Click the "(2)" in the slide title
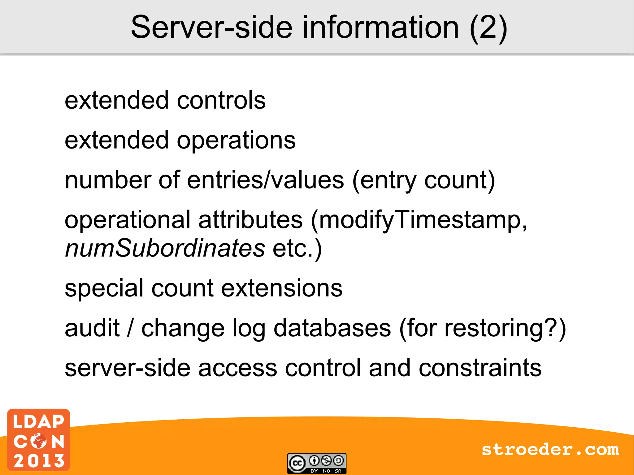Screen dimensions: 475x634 pyautogui.click(x=488, y=28)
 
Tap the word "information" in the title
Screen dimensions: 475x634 pyautogui.click(x=380, y=28)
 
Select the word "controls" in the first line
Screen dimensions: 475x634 pyautogui.click(x=221, y=100)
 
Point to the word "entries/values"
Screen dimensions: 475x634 pyautogui.click(x=265, y=180)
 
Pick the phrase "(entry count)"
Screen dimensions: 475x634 pyautogui.click(x=423, y=181)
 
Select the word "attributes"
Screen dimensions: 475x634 pyautogui.click(x=250, y=220)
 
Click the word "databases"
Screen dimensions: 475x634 pyautogui.click(x=332, y=328)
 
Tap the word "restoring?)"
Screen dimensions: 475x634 pyautogui.click(x=505, y=328)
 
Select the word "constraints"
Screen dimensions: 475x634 pyautogui.click(x=480, y=368)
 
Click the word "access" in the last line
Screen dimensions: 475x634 pyautogui.click(x=237, y=368)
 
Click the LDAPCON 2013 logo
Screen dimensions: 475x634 pyautogui.click(x=39, y=440)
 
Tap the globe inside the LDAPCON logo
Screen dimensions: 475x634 pyautogui.click(x=39, y=441)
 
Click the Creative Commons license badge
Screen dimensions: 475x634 pyautogui.click(x=317, y=463)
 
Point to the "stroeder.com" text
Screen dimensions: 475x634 pyautogui.click(x=550, y=450)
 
